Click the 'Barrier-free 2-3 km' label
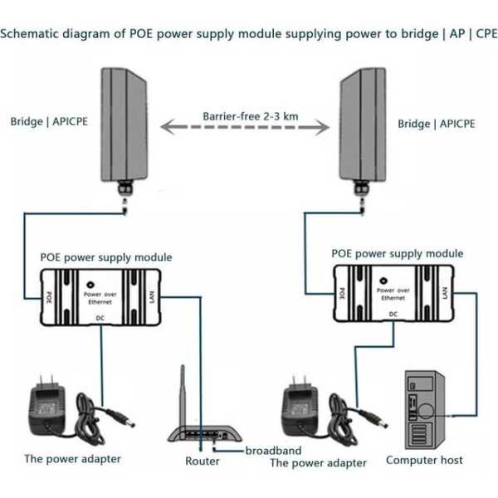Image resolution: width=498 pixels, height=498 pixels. [x=250, y=116]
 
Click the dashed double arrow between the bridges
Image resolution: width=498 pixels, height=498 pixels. [x=250, y=129]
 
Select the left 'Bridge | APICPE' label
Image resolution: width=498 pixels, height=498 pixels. [x=49, y=122]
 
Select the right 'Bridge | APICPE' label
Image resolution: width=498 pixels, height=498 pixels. [x=436, y=124]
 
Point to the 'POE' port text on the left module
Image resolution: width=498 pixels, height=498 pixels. [x=51, y=295]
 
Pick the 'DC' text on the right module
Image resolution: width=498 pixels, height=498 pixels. [x=393, y=315]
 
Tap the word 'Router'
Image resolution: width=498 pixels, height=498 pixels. [x=203, y=461]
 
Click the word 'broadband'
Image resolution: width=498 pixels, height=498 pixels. [x=275, y=450]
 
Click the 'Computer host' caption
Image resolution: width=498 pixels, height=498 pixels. [x=424, y=460]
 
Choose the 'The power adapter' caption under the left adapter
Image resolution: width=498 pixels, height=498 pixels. [x=72, y=458]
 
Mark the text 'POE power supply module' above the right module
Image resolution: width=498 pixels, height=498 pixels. [x=398, y=253]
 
